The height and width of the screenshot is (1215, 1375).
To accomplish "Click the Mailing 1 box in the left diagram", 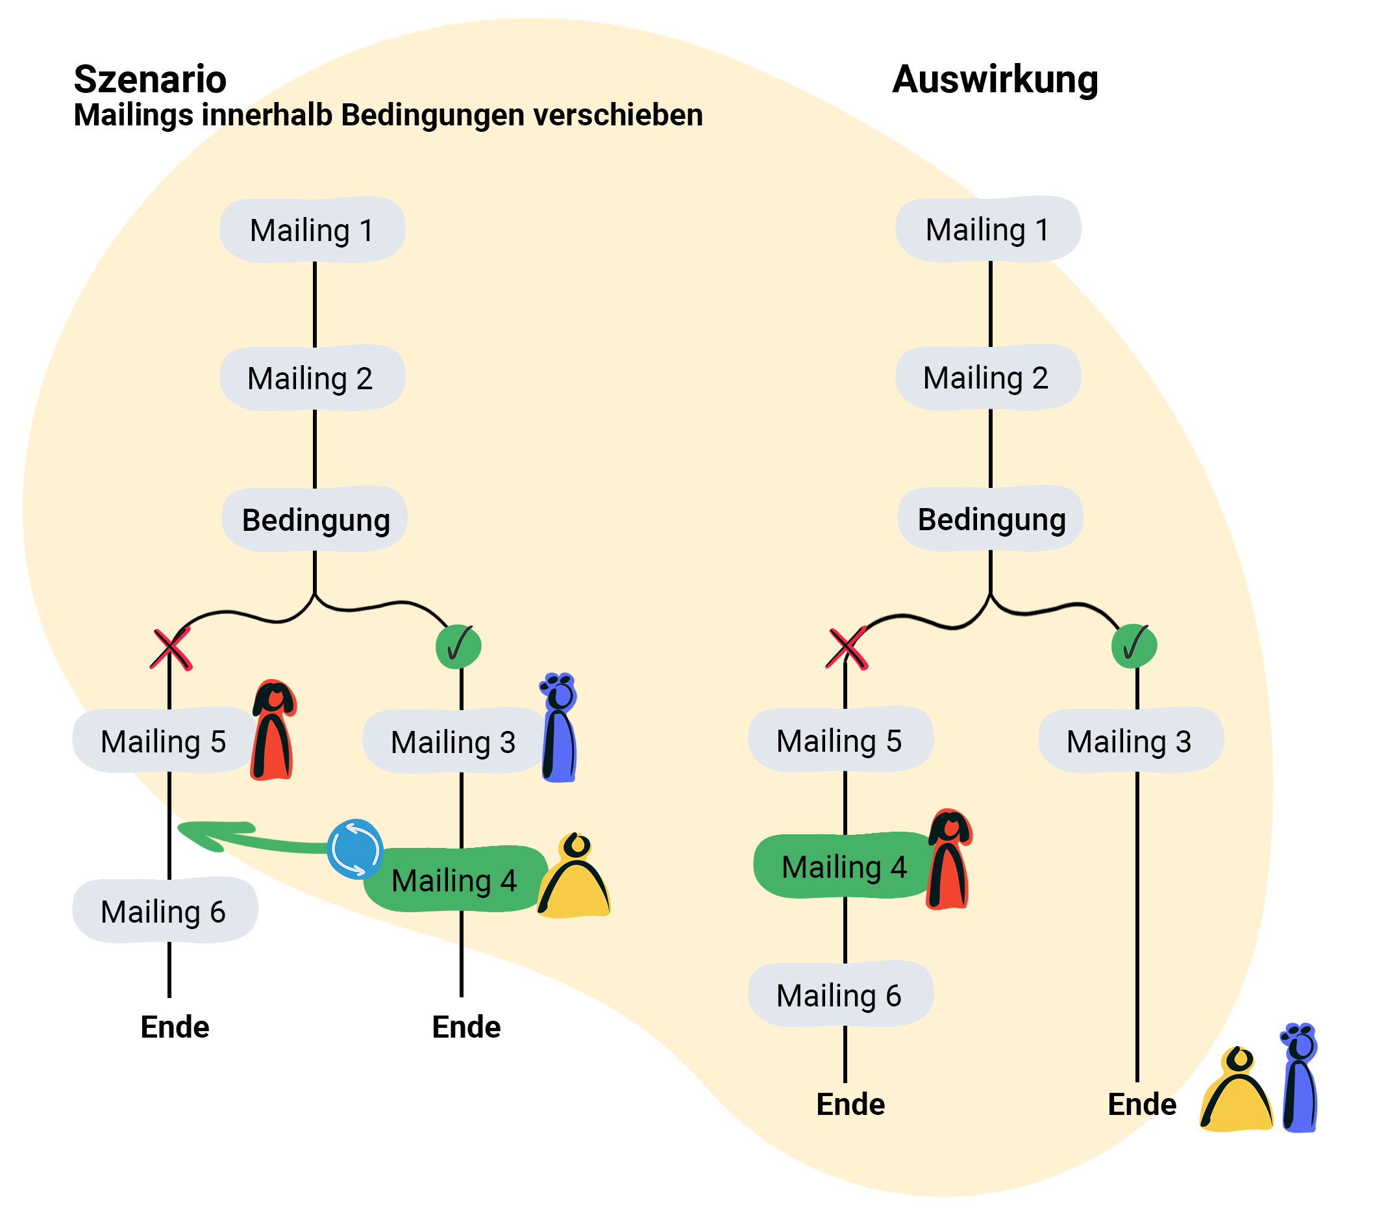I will point(312,230).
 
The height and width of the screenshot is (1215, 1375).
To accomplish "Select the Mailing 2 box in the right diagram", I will point(987,377).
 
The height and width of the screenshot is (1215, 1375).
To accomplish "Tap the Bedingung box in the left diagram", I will point(315,520).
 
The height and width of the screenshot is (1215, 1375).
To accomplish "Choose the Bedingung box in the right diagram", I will point(990,519).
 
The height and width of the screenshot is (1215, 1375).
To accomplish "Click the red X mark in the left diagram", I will point(171,649).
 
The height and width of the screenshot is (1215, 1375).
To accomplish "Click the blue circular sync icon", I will point(354,849).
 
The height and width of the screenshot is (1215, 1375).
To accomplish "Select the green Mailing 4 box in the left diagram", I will point(454,880).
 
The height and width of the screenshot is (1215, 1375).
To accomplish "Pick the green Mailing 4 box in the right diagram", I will point(843,866).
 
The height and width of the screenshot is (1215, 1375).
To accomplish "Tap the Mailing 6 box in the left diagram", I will point(164,911).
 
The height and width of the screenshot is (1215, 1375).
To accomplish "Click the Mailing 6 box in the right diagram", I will point(840,994).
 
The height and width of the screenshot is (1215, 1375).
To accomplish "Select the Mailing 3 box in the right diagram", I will point(1130,741).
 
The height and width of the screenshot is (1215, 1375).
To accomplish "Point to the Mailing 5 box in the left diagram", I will point(163,741).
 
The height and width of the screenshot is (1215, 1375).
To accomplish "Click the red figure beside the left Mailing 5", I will point(273,730).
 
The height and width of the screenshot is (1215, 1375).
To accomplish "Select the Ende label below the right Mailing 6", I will point(850,1104).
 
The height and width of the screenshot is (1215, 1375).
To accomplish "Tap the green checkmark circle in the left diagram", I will point(458,646).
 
